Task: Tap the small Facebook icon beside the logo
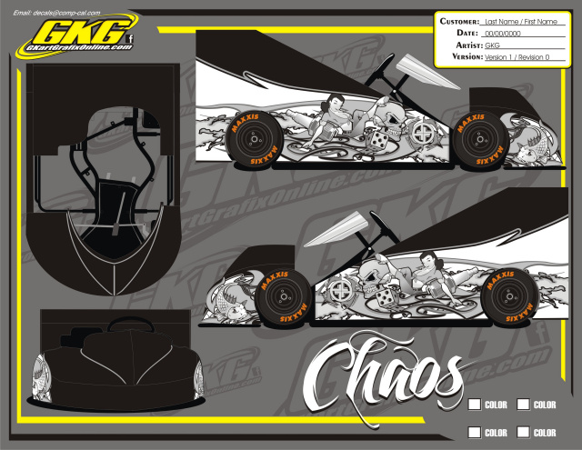point(130,37)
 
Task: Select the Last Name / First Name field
point(521,21)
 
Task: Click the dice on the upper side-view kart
point(375,141)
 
